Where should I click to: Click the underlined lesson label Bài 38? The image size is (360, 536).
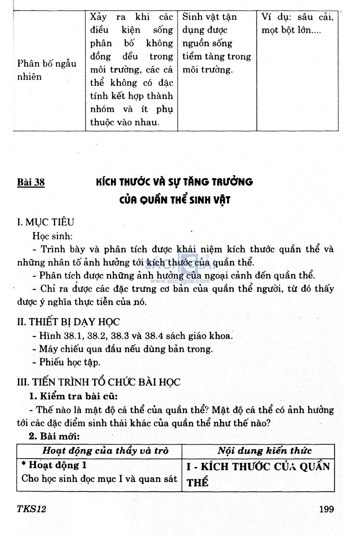tap(31, 182)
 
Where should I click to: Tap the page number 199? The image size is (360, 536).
tap(327, 509)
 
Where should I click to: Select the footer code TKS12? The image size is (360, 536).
tap(31, 509)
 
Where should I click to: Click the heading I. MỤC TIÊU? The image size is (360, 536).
tap(46, 222)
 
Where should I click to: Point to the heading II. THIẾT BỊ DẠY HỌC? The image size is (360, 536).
tap(69, 322)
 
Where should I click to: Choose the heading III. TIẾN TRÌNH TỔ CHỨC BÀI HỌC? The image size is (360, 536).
tap(99, 382)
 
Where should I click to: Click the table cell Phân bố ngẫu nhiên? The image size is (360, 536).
tap(46, 70)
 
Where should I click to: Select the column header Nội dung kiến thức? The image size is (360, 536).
tap(264, 451)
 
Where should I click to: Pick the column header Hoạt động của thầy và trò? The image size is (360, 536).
tap(105, 451)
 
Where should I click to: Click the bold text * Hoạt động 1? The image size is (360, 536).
tap(54, 465)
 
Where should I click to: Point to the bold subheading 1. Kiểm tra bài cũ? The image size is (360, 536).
tap(73, 396)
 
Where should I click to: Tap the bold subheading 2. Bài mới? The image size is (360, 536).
tap(54, 437)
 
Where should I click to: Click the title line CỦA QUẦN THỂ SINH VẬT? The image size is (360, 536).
tap(174, 200)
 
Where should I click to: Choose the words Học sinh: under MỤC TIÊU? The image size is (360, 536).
tap(52, 236)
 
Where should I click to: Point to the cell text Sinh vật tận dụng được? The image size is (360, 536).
tap(210, 23)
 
